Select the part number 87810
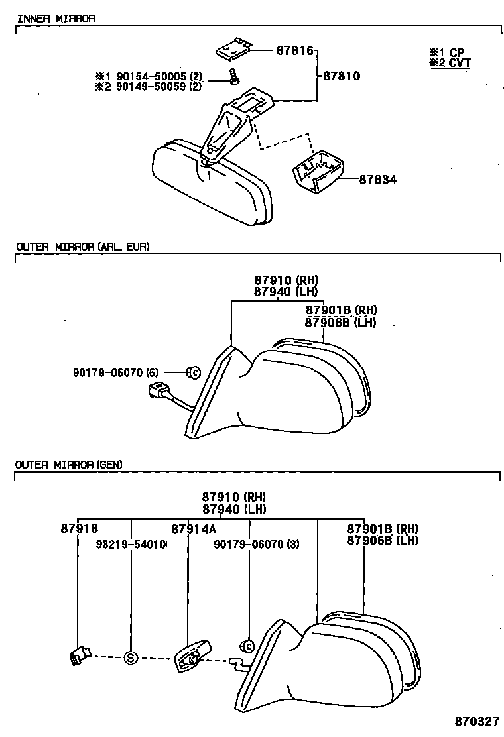coord(342,76)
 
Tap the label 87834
coord(378,179)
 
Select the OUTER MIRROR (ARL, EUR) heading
coord(82,247)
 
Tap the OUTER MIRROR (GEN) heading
coord(68,465)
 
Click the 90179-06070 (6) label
coord(116,372)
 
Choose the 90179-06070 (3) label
coord(257,544)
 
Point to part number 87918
coord(79,528)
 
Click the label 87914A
coord(194,528)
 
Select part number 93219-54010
coord(131,544)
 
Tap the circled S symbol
coord(131,657)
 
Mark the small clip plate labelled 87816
coord(234,48)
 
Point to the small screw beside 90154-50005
coord(233,78)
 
